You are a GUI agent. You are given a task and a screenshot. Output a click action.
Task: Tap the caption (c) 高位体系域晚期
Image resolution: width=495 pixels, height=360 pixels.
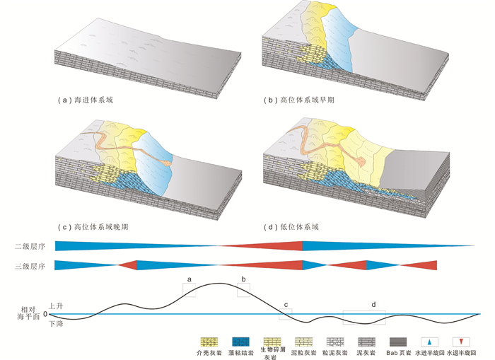[97, 227]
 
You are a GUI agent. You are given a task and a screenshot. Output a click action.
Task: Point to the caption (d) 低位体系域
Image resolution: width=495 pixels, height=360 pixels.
[291, 227]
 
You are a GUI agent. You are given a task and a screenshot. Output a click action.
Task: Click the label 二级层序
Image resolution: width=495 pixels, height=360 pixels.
[30, 246]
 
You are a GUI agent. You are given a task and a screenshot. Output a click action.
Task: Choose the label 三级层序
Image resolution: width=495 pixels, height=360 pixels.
[30, 267]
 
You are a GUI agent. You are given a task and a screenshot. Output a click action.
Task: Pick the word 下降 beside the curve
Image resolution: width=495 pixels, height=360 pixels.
[56, 323]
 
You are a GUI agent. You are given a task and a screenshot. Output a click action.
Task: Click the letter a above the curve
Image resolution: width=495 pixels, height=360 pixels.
[189, 280]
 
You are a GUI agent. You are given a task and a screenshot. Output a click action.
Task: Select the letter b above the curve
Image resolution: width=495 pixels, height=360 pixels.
[243, 280]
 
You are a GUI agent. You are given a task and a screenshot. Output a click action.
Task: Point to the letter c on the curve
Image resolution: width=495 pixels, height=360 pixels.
[286, 305]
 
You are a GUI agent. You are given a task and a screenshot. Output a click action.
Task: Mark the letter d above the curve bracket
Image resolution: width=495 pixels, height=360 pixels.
[373, 304]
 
